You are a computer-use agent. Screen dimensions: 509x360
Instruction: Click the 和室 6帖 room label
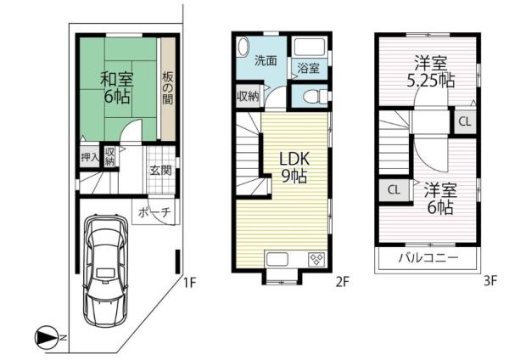click(117, 87)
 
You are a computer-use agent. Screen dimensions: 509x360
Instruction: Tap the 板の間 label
click(168, 88)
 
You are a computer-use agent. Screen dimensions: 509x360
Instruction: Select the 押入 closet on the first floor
click(90, 158)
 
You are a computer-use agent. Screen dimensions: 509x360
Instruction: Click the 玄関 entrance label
click(160, 170)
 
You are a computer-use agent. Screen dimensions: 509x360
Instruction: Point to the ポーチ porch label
click(154, 212)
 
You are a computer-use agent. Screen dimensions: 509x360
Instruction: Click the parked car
click(106, 270)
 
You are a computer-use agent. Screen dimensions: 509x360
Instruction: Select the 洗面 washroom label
click(266, 60)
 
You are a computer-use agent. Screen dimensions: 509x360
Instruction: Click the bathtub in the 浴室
click(310, 48)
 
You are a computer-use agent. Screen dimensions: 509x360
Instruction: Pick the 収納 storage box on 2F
click(249, 96)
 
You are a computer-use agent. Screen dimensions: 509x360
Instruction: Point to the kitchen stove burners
click(316, 260)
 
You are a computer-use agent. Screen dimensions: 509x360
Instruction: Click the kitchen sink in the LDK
click(277, 259)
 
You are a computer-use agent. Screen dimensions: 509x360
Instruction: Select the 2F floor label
click(342, 282)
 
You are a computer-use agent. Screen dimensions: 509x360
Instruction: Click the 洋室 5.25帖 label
click(431, 71)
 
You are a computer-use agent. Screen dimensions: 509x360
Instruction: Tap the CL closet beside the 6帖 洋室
click(394, 189)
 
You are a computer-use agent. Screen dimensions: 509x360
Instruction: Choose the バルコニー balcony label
click(428, 257)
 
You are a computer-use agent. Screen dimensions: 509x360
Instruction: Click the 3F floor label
click(490, 281)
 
